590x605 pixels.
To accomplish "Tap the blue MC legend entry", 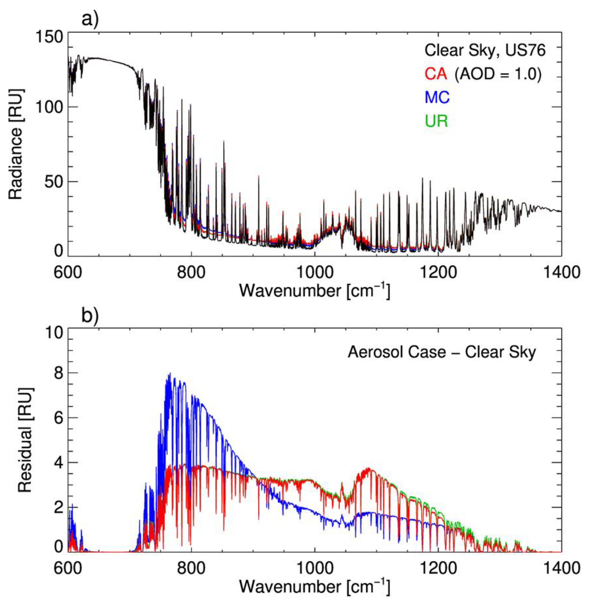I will click(x=437, y=98).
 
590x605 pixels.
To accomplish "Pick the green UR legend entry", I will click(x=437, y=121).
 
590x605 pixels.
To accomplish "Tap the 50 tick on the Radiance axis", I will click(x=53, y=182).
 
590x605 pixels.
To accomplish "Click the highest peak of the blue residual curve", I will click(x=170, y=374).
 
